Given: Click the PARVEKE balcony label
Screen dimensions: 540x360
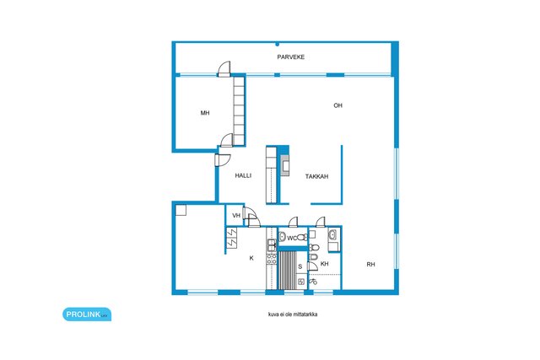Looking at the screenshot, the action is [x=290, y=57].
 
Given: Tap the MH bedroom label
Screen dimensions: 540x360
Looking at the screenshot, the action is [x=205, y=113].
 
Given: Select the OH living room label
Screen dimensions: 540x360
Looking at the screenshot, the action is [x=337, y=105].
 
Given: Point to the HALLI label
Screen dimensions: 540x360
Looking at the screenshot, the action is [x=243, y=175].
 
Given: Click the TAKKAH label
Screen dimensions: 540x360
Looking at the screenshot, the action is [x=316, y=176].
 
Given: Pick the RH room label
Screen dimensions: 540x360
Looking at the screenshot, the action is [x=370, y=265].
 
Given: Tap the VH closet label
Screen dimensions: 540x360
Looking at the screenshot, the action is [x=236, y=216].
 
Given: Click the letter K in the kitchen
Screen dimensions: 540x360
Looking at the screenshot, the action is [x=251, y=258].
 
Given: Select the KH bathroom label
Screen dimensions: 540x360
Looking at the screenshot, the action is [x=324, y=264].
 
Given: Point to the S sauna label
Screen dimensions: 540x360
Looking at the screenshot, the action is [x=300, y=266].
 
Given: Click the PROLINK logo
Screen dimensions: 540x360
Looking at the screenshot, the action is [x=87, y=314].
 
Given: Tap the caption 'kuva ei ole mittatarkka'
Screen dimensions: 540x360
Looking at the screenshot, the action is [x=293, y=314].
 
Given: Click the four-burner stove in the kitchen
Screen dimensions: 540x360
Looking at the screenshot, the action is [x=272, y=259].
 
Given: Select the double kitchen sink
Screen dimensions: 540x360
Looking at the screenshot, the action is [x=272, y=245].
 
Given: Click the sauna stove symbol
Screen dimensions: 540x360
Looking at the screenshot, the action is [x=301, y=282].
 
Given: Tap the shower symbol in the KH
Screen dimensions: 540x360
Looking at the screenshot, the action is [x=313, y=282].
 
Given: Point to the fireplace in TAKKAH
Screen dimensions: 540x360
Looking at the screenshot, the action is [x=285, y=165].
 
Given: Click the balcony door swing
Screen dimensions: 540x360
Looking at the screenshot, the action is [x=224, y=68].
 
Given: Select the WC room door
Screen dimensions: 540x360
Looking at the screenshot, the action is [x=293, y=223].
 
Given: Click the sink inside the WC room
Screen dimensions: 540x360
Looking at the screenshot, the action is [x=283, y=236].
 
